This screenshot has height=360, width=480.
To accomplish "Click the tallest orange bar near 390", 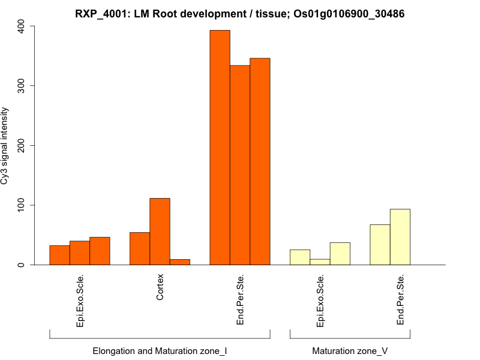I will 220,148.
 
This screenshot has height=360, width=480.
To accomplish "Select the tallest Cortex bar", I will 160,232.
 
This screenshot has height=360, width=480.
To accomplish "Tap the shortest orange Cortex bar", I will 180,262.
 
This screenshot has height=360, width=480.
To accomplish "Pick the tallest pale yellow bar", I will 400,237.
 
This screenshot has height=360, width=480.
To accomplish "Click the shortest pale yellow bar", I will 320,262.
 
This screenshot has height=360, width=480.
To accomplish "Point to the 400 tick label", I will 22,26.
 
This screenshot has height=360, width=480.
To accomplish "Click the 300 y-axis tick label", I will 22,86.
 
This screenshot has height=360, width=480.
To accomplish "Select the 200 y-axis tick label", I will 22,145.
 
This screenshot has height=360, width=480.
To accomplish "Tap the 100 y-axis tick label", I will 22,205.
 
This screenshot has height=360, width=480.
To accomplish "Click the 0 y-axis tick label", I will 22,265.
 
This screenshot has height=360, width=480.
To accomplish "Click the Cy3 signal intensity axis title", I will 5,145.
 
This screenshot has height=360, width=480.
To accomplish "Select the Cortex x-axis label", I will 160,288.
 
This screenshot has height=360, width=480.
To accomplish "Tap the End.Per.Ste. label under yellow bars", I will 400,300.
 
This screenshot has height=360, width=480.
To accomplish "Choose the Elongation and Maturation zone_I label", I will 160,350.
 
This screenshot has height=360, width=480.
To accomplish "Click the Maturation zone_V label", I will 350,350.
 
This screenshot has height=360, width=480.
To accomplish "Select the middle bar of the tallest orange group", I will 240,165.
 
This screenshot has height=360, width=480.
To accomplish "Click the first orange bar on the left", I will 59,255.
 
